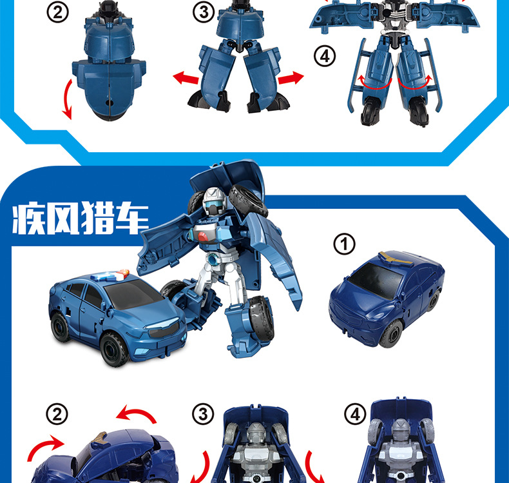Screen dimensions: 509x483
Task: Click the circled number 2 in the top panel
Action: (57, 13)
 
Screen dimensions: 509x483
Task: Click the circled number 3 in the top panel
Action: (204, 13)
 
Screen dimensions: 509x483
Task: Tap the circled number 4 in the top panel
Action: (325, 56)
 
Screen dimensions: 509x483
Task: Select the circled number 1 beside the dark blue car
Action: (345, 244)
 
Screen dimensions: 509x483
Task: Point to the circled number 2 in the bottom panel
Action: (57, 415)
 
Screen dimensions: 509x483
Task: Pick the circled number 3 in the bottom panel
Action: (203, 415)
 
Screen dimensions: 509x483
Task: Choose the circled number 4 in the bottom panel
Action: (355, 415)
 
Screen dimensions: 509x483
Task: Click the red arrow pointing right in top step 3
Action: (291, 78)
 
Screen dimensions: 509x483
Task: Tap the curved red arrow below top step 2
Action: (66, 99)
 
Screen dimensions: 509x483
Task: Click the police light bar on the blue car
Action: (110, 275)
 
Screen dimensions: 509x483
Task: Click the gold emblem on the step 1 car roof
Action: (392, 257)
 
